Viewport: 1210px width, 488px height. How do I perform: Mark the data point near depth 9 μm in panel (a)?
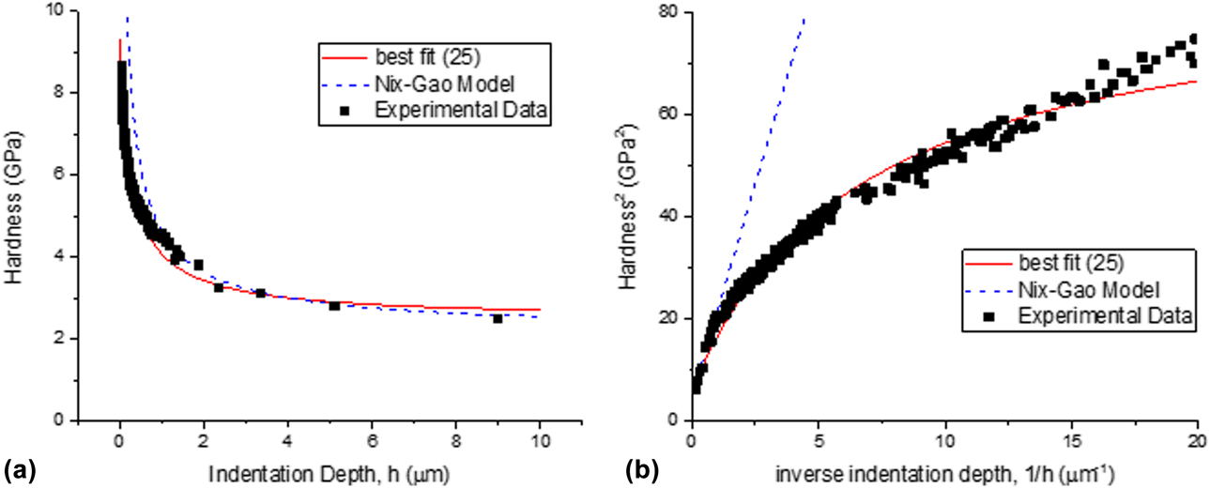click(x=498, y=318)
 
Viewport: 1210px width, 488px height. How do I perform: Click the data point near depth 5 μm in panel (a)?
click(x=334, y=305)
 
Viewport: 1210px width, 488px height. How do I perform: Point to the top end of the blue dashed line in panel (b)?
click(x=804, y=19)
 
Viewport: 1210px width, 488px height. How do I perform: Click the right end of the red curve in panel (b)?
click(x=1197, y=82)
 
